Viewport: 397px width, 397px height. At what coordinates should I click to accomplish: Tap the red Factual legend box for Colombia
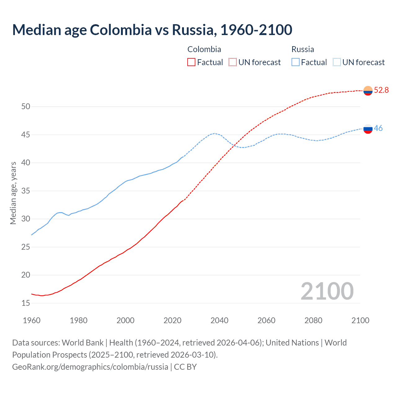pos(191,62)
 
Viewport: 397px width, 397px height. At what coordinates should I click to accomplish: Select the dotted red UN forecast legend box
pos(233,62)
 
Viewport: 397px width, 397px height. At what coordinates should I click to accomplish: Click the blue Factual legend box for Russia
pos(296,62)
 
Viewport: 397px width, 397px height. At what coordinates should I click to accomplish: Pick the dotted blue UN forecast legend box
pos(337,62)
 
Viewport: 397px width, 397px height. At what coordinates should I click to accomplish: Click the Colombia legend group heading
pos(204,49)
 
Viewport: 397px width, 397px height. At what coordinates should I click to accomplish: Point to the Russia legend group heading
pos(303,49)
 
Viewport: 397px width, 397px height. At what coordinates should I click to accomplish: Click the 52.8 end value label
pos(381,90)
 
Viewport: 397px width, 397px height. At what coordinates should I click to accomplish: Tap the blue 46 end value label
pos(378,128)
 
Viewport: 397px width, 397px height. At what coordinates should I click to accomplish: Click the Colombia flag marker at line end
pos(368,91)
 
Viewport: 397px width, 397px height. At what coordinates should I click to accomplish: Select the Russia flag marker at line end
pos(368,129)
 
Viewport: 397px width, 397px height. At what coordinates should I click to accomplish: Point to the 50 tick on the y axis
pos(26,107)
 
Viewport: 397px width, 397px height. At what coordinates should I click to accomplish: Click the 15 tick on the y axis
pos(26,303)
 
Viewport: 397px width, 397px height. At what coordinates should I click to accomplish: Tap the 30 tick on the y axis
pos(26,219)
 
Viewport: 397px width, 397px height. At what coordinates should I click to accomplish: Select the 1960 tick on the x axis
pos(32,320)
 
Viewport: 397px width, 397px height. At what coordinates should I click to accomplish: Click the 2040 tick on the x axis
pos(219,320)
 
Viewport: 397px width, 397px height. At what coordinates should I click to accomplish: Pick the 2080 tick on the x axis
pos(313,320)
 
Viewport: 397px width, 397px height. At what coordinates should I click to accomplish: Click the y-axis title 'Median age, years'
pos(13,193)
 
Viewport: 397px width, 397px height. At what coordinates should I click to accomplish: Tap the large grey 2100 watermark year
pos(327,291)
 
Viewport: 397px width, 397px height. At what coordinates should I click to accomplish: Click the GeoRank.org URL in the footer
pos(90,367)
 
